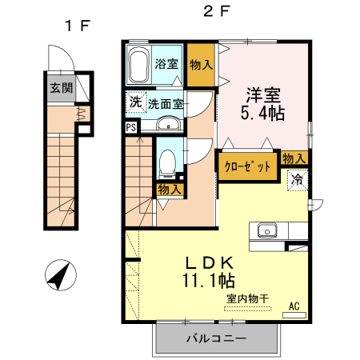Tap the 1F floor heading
pos(78,25)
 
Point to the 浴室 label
pos(166,63)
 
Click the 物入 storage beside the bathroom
pos(201,63)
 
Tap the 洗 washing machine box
pos(134,102)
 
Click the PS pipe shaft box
pos(130,126)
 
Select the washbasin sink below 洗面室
pos(168,125)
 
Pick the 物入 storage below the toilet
pos(168,190)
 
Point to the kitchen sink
pos(266,231)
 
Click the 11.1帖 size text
pos(209,281)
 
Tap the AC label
pos(294,305)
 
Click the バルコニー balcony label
pos(217,338)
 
